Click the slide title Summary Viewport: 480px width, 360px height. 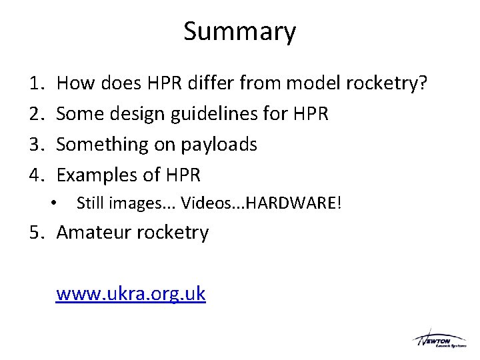click(x=239, y=31)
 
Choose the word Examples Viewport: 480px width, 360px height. click(x=96, y=175)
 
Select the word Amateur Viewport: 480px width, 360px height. click(x=96, y=233)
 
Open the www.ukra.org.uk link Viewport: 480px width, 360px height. click(x=131, y=293)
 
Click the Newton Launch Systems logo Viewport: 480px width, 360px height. click(x=439, y=339)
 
